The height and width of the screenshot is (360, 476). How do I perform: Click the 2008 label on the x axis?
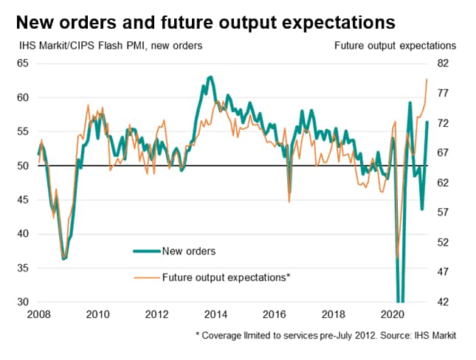tap(38, 315)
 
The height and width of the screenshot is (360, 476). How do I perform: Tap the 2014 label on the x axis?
tap(215, 315)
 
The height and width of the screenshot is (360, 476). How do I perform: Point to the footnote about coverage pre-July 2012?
tap(325, 336)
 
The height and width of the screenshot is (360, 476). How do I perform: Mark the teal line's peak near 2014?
tap(210, 77)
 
